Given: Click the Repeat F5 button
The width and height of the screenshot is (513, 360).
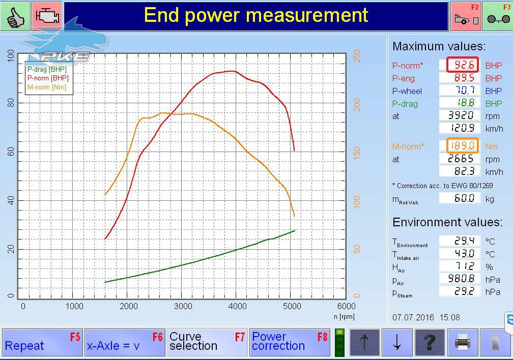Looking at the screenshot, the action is [42, 342].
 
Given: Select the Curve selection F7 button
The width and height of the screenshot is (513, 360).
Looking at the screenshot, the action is [207, 342].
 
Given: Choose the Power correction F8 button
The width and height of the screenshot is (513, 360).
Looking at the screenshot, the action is [290, 342].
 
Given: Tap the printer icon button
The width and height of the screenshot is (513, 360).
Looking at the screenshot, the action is [463, 343].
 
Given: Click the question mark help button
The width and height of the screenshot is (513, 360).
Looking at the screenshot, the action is [430, 343].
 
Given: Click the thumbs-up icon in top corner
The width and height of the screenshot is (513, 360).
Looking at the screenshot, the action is [15, 16].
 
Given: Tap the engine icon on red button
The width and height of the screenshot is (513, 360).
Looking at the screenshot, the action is [47, 16].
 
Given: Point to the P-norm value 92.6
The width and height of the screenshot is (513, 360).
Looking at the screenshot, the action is [463, 65].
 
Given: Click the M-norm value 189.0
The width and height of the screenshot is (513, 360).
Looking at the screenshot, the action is [463, 145].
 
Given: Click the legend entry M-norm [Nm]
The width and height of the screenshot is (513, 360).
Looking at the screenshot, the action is [47, 87].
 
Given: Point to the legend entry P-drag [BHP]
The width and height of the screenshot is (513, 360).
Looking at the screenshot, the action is [47, 69].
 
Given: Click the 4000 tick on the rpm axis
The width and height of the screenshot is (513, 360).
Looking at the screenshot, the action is [238, 307].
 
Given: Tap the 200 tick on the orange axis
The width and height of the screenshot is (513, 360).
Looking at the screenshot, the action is [357, 105].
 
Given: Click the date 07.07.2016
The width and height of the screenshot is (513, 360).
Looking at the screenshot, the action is [413, 317].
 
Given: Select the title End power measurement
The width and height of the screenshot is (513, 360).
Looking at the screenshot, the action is [256, 15].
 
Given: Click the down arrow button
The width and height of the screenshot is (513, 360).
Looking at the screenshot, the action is [397, 343].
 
